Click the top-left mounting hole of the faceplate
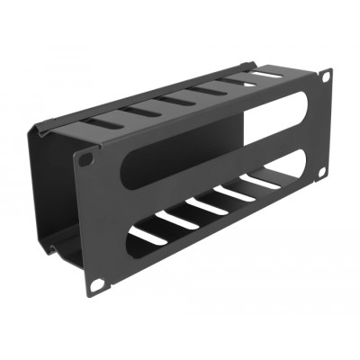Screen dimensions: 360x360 point(86,158)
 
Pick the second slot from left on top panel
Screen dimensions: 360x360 point(142,111)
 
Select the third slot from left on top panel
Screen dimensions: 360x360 point(178,100)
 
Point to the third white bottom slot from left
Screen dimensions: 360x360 point(208,206)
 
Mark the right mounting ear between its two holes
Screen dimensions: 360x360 point(324,126)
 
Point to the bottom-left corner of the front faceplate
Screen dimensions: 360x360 point(89,294)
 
